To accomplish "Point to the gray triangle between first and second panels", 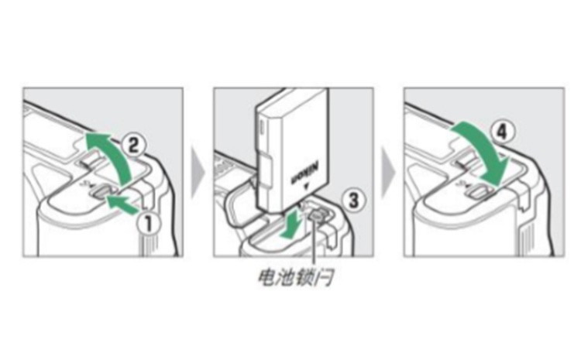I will click(x=198, y=172).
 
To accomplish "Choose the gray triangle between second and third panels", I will click(x=388, y=172).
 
